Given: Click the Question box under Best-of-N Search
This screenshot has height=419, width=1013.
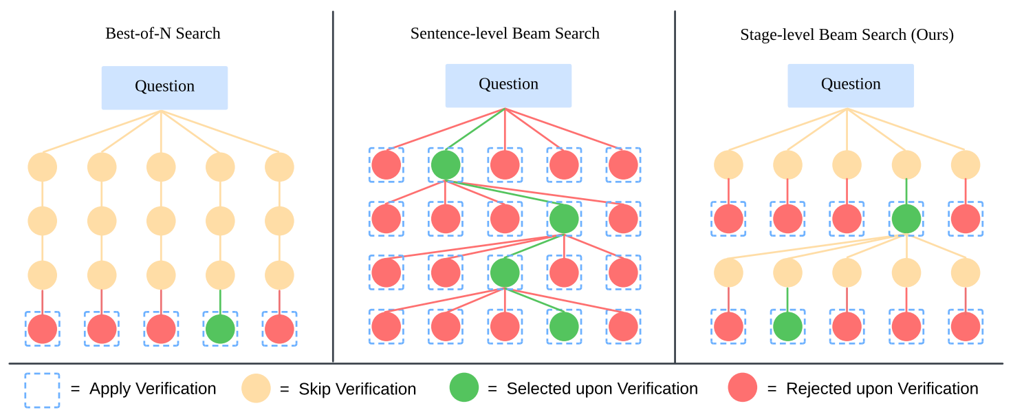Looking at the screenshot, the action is point(164,88).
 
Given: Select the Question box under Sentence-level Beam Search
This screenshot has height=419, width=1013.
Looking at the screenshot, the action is point(508,85).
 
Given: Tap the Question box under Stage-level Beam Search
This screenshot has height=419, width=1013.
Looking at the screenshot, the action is point(851,85).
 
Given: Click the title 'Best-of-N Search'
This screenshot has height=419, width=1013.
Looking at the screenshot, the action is point(163,34).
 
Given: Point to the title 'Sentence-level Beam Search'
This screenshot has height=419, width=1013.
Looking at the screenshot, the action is point(505,34).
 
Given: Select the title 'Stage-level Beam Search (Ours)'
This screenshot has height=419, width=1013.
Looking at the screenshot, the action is point(847,35).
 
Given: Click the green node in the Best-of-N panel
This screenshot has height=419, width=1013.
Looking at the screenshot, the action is point(220,329).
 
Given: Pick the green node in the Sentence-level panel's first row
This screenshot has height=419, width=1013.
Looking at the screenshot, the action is point(446,164).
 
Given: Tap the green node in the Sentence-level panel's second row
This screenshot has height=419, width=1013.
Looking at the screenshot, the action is point(564,219).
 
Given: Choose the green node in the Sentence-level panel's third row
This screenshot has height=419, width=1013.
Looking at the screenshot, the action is point(505,273).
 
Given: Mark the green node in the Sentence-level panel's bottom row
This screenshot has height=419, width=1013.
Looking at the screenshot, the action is point(564,327).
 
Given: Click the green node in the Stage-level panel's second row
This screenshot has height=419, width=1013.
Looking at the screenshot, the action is point(906,219).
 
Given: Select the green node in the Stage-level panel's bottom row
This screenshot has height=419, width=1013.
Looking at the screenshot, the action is point(788,327).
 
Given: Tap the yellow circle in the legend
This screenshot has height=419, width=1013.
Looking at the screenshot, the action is point(256,388).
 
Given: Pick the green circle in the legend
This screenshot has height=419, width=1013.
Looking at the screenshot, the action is point(464,387).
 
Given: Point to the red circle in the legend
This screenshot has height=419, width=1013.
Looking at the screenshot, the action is point(743,387).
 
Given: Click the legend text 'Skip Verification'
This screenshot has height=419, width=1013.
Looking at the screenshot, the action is point(357,389).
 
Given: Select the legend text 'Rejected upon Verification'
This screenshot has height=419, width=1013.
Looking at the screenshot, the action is point(882,389).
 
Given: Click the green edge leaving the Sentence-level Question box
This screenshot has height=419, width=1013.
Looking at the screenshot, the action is point(475,129).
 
